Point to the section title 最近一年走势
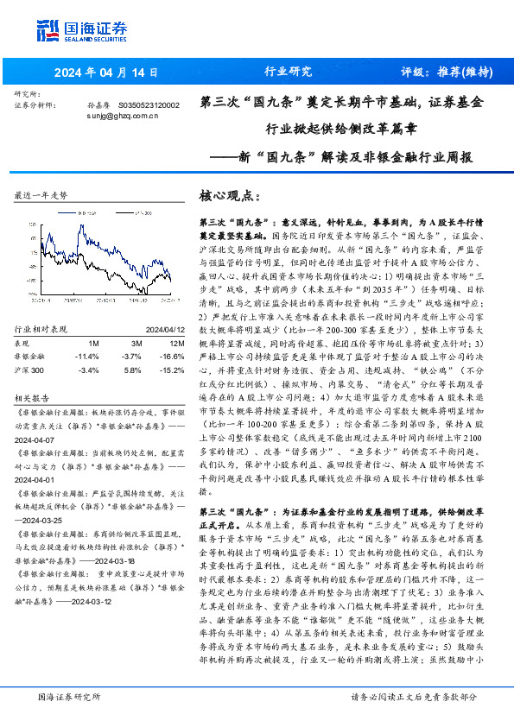click(41, 196)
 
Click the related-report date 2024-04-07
click(35, 439)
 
